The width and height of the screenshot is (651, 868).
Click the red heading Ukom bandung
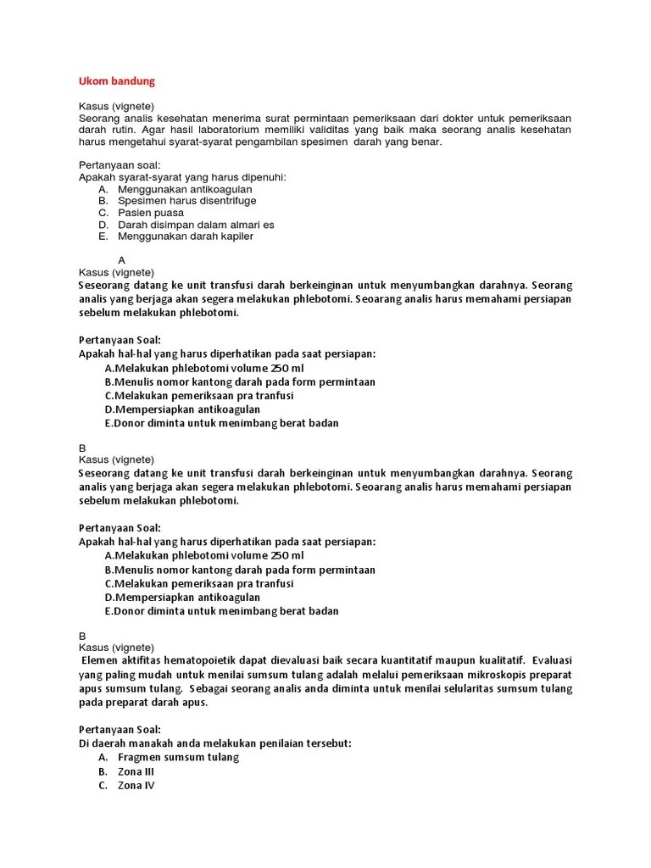[x=116, y=81]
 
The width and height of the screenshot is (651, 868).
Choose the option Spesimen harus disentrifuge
[x=186, y=201]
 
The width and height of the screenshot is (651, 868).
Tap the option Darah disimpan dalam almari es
[x=196, y=225]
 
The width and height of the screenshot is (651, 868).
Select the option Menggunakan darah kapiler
[x=186, y=236]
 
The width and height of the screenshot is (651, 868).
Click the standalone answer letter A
[x=122, y=260]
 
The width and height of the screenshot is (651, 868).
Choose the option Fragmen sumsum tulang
[x=178, y=757]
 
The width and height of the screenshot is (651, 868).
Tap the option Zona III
[x=136, y=771]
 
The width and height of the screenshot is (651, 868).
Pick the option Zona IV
[x=136, y=786]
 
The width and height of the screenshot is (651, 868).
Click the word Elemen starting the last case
[x=101, y=660]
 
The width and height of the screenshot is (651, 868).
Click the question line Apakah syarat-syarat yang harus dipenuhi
[x=182, y=176]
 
